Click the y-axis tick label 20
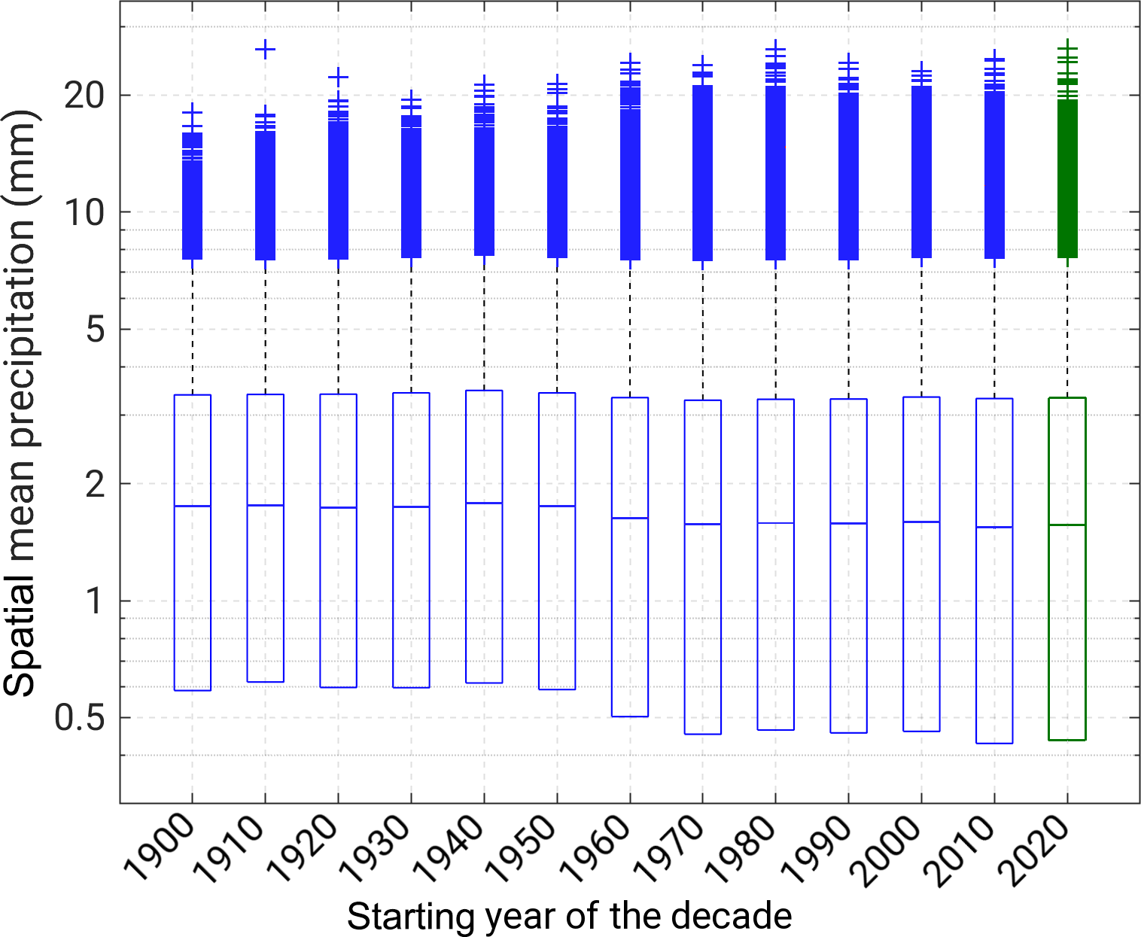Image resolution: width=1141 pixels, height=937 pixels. click(x=84, y=96)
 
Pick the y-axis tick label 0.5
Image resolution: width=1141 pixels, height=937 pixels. click(x=78, y=718)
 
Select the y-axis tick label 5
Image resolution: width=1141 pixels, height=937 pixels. click(x=95, y=330)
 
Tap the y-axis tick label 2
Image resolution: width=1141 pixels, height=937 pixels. click(x=95, y=484)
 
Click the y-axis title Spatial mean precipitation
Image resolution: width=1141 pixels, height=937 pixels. click(x=20, y=402)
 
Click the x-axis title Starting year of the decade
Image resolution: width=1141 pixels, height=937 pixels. click(x=569, y=917)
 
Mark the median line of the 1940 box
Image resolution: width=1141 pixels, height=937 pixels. click(x=484, y=503)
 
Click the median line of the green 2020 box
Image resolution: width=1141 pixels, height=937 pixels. click(x=1067, y=525)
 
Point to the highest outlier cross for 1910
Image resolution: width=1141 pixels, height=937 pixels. click(x=265, y=50)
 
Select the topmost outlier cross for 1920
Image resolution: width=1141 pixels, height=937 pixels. click(x=338, y=77)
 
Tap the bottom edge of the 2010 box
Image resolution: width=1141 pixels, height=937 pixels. click(x=994, y=744)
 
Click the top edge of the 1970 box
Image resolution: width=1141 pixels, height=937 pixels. click(x=703, y=400)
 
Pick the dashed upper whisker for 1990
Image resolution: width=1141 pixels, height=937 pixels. click(x=848, y=331)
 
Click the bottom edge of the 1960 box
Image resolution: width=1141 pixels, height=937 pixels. click(x=630, y=716)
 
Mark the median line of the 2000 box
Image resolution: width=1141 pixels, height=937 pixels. click(x=921, y=522)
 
